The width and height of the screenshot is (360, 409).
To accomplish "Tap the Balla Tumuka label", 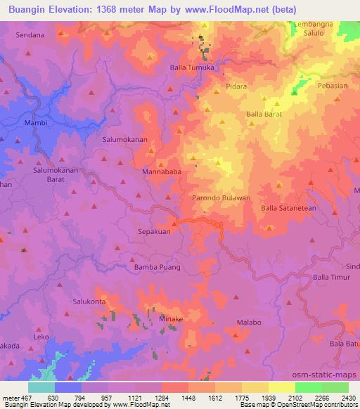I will click(x=192, y=67).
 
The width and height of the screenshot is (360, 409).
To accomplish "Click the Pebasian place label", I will click(x=333, y=85).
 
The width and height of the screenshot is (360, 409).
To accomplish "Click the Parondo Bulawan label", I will click(x=221, y=198).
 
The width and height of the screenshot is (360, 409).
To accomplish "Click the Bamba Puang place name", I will click(x=157, y=267).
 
